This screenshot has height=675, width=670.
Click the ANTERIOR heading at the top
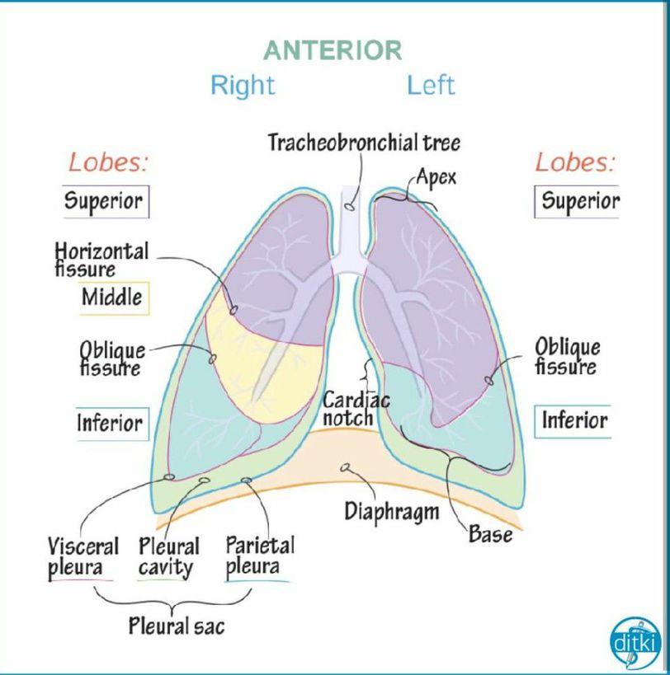333,50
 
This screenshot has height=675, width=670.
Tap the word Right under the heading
243,85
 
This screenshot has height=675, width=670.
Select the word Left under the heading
431,85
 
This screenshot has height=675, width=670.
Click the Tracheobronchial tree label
364,143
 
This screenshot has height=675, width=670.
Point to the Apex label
436,177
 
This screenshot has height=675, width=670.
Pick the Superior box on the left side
105,201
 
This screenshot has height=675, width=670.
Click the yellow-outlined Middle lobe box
113,298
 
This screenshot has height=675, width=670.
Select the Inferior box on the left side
111,423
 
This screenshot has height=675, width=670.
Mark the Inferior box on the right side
574,421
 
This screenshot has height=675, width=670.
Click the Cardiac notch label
355,409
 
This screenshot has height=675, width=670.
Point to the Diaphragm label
391,511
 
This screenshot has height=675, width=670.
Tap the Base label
490,534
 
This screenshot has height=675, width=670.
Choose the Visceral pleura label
83,557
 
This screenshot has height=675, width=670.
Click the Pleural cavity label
168,557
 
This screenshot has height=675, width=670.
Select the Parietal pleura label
259,556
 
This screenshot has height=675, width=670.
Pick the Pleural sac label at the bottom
176,626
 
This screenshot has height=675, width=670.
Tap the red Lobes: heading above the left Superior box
108,162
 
